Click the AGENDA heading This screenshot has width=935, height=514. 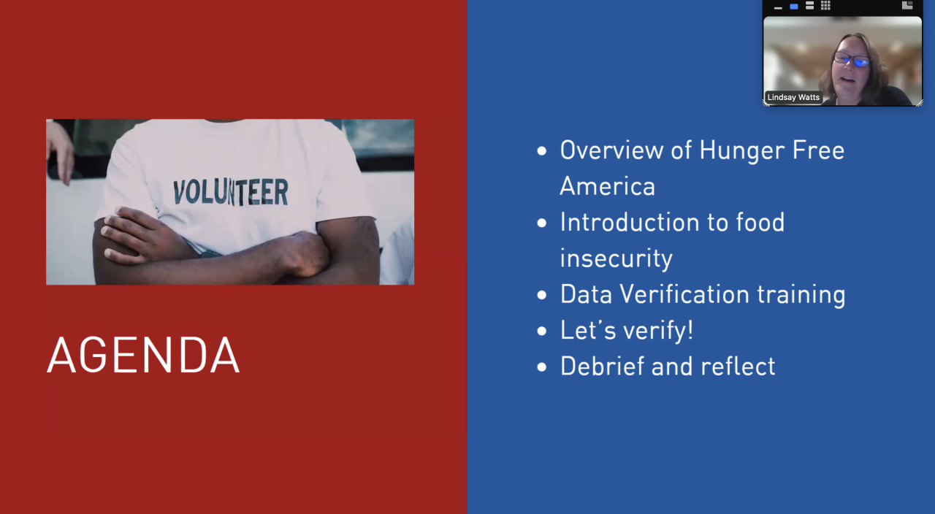pos(143,355)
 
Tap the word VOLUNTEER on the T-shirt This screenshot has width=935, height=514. pos(230,192)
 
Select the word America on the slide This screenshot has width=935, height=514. pos(607,186)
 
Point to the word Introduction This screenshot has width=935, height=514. pos(630,222)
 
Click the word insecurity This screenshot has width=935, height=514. pos(616,258)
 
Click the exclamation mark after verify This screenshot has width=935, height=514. pos(690,329)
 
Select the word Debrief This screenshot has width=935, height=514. pos(603,366)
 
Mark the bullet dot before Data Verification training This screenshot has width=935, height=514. pos(542,295)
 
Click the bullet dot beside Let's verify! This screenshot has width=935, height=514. pos(542,331)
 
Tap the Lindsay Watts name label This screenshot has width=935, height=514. pos(793,97)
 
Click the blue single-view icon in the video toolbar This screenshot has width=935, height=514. pos(794,7)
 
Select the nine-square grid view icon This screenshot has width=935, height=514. pos(825,5)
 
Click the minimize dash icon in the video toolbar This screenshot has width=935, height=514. pos(778,8)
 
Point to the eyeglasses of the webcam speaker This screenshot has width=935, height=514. pos(852,61)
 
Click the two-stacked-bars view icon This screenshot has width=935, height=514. pos(810,5)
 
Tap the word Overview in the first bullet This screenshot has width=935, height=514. pos(611,150)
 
